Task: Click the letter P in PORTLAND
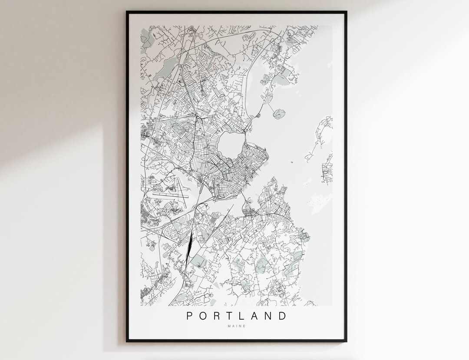(190, 316)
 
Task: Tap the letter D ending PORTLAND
(284, 316)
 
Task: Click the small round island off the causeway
(277, 115)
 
